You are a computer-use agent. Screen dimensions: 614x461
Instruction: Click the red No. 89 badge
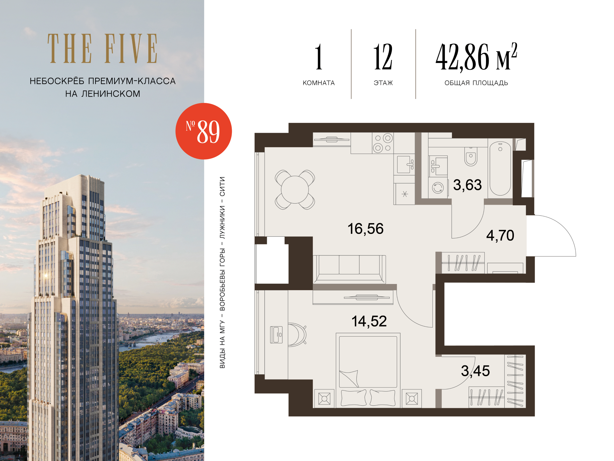tap(204, 131)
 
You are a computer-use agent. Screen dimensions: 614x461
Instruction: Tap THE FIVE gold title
tap(103, 49)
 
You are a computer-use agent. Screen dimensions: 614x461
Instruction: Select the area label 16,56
tap(365, 229)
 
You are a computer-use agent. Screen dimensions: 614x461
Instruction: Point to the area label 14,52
tap(369, 321)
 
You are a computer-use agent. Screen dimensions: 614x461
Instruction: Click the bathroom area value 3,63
tap(467, 185)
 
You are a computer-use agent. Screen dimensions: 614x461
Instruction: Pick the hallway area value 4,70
tap(500, 235)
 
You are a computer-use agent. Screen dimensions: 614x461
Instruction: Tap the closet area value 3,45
tap(475, 371)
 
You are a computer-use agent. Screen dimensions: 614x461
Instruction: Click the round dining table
tap(295, 190)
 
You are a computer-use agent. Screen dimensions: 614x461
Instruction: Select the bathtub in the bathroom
tap(500, 168)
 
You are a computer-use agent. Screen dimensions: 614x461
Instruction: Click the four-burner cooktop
tap(383, 143)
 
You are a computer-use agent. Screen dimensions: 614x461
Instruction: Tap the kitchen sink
tap(405, 164)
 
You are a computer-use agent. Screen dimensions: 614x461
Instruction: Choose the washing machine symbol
tap(438, 187)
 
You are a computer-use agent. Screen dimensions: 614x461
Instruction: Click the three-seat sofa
tap(349, 269)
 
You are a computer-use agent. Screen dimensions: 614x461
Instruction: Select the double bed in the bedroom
tap(368, 370)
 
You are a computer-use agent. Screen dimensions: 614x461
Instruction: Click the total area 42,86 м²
tap(476, 57)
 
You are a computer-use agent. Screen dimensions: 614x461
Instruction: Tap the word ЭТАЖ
tap(383, 83)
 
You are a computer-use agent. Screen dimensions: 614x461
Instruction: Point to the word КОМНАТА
tap(319, 83)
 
